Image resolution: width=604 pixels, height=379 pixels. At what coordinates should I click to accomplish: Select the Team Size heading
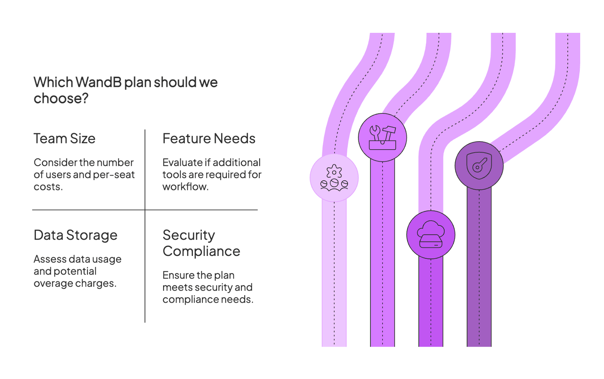click(65, 139)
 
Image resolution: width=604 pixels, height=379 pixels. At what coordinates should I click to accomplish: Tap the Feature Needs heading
click(209, 139)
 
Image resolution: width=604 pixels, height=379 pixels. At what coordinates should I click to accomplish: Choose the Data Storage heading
click(75, 235)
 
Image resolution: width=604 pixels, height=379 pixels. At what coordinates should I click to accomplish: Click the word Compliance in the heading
click(201, 251)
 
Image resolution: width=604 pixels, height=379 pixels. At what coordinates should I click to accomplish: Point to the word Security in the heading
click(189, 235)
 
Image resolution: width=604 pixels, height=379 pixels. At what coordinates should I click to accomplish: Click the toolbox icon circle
click(382, 137)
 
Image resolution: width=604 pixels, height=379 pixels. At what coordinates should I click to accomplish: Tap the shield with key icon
click(479, 166)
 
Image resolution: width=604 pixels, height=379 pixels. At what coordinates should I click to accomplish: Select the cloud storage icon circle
click(431, 234)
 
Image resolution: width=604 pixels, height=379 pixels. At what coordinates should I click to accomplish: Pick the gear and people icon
click(334, 178)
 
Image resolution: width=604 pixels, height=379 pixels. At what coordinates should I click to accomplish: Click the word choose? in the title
click(61, 99)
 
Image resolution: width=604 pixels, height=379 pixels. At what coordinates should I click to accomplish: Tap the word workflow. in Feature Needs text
click(185, 187)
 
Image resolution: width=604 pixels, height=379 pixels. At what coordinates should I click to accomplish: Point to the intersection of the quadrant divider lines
click(145, 210)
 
